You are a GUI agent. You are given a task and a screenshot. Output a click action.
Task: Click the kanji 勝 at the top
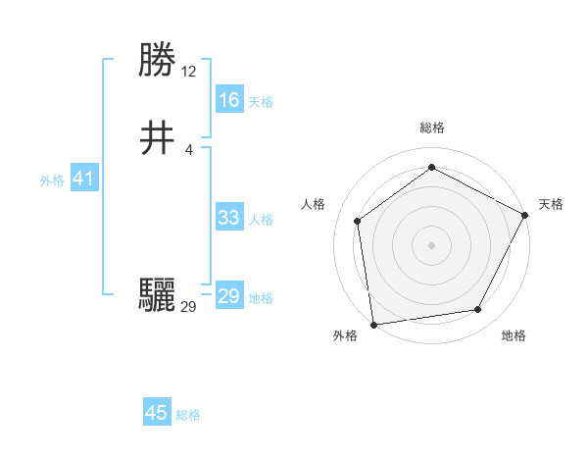tap(158, 60)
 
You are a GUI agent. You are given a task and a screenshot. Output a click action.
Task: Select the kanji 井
tap(158, 138)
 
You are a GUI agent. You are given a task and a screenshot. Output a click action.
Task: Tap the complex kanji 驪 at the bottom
tap(158, 295)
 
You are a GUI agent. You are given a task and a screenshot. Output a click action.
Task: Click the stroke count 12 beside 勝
tap(189, 72)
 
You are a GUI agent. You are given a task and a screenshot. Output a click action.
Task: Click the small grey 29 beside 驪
tap(189, 307)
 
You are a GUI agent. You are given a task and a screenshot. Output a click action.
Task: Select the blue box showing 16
tap(228, 100)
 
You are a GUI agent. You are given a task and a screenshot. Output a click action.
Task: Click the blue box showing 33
tap(228, 218)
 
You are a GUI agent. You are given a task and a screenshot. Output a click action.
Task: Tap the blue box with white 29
tap(228, 296)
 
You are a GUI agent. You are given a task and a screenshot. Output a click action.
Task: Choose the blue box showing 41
tap(83, 179)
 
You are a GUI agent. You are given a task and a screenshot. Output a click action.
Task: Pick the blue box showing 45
tap(157, 413)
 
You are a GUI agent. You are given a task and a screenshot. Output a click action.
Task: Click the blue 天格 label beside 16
tap(261, 102)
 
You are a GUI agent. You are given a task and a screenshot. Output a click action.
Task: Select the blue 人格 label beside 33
tap(261, 220)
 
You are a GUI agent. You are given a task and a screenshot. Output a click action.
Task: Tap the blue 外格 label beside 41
tap(52, 180)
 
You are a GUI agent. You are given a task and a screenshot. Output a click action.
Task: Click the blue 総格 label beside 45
tap(189, 415)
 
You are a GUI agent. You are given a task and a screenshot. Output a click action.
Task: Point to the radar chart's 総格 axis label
tap(432, 128)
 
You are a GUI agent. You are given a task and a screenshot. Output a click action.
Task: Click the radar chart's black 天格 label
tap(551, 204)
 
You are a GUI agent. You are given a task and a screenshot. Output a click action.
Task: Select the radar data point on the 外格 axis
tap(373, 324)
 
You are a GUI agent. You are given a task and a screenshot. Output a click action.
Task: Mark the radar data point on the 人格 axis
tap(358, 221)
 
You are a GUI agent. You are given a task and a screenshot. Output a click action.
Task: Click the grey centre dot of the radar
tap(432, 244)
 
